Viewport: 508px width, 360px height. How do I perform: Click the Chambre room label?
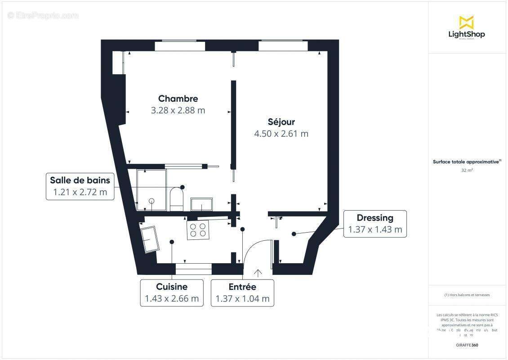(178, 99)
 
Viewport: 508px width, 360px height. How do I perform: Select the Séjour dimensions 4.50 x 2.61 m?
(281, 134)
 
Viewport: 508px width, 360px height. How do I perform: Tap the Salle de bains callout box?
(80, 186)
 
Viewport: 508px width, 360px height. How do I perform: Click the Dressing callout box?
(375, 224)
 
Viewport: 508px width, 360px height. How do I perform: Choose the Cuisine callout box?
(172, 292)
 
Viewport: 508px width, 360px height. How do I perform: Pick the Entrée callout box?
(242, 292)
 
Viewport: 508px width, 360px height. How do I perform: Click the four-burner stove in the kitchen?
(198, 230)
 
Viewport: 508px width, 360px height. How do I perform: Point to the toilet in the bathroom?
(176, 198)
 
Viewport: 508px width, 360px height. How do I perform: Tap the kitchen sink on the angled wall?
(150, 239)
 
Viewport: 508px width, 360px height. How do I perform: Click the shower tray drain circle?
(152, 201)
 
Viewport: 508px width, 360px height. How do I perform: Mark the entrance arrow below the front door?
(258, 273)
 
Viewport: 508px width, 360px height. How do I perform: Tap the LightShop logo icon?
(467, 22)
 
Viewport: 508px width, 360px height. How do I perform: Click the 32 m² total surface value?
(467, 170)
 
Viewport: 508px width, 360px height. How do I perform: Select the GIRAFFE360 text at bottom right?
(467, 344)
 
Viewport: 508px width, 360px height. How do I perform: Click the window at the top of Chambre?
(180, 45)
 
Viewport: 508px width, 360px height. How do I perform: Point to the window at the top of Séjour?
(283, 45)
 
